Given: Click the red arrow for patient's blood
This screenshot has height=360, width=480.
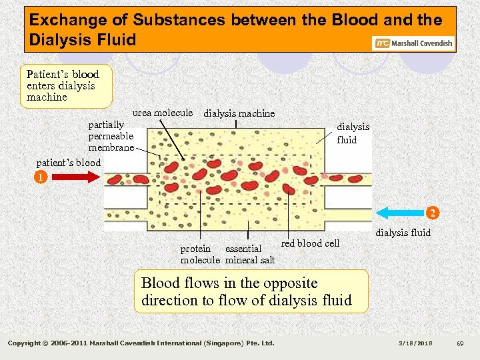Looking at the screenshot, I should [75, 177].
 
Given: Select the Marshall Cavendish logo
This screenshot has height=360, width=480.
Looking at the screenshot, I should [413, 43].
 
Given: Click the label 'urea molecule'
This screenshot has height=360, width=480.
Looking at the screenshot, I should [163, 113].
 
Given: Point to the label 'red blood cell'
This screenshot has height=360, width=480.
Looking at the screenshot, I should [310, 243].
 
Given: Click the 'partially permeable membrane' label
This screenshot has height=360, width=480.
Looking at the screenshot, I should [111, 136].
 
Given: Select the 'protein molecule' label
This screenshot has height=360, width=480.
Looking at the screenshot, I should [199, 254].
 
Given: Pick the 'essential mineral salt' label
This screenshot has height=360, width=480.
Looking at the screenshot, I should [249, 254].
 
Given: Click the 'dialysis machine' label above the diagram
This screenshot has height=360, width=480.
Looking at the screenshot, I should [239, 113].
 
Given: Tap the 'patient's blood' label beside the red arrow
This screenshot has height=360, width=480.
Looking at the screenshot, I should [69, 163].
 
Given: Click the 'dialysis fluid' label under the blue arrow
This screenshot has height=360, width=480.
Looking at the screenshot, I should [403, 233].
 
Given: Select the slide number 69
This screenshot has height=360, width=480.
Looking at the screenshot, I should [459, 343].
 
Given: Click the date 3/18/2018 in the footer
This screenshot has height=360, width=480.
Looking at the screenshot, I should [416, 343].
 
